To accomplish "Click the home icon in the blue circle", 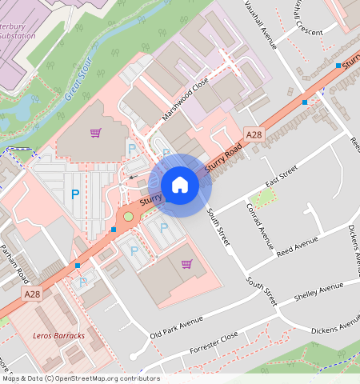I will click(180, 185).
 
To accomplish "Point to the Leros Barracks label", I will click(58, 335).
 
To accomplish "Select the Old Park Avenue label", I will click(177, 329).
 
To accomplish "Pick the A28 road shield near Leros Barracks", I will click(31, 294).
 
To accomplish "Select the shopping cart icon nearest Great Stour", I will click(95, 133).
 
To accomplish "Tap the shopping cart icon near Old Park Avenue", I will click(186, 264).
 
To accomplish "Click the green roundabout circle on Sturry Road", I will click(128, 216).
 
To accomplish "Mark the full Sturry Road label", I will click(223, 159).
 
